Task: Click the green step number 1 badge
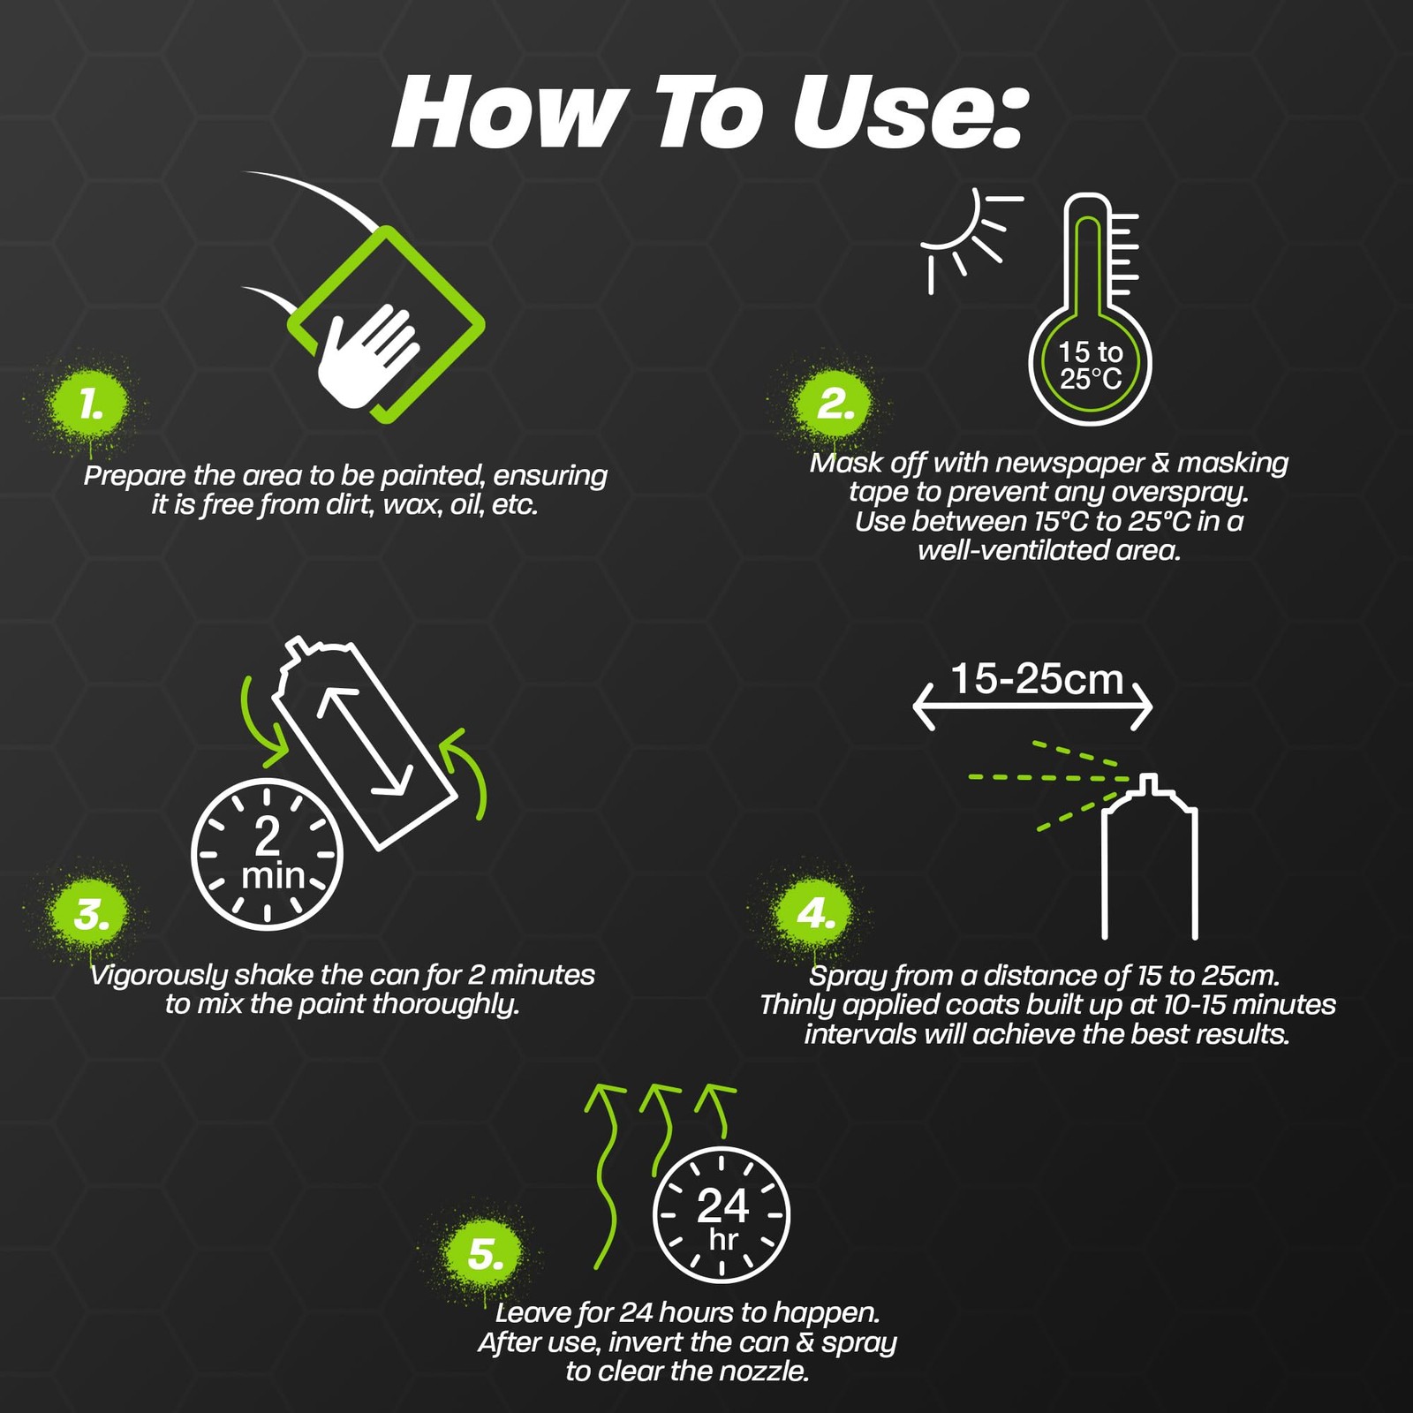[89, 404]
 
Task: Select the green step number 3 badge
[91, 915]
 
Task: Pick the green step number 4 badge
[815, 913]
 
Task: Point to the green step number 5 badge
[485, 1254]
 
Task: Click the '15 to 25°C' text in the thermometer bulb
[1090, 366]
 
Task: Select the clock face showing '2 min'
[267, 854]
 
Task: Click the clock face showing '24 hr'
[722, 1215]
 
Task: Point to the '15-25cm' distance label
[1036, 679]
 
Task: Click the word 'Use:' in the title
[910, 113]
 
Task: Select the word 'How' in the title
[507, 113]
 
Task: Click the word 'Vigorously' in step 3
[159, 976]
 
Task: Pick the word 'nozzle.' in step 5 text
[765, 1371]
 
